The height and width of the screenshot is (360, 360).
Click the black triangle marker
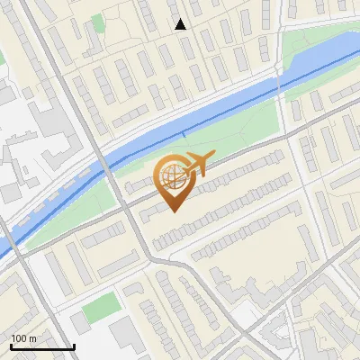point(181,24)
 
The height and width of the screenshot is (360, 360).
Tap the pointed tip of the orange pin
point(174,211)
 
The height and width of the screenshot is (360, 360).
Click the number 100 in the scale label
point(19,338)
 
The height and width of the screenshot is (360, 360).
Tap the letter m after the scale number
point(32,338)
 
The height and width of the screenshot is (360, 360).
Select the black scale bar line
point(42,346)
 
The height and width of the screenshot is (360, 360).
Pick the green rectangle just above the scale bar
point(101,307)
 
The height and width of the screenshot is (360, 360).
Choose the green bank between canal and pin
point(225,130)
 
